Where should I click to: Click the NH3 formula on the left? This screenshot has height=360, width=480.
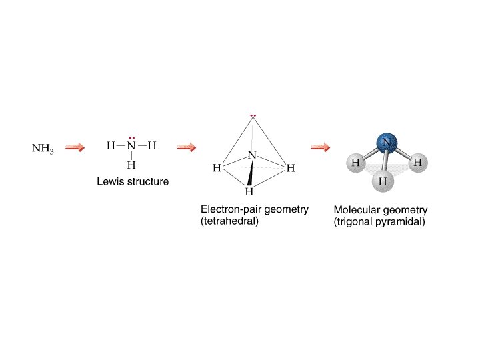point(42,148)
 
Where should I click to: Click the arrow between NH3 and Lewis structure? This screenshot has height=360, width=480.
point(75,147)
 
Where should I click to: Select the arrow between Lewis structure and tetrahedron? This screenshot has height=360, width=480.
point(186,147)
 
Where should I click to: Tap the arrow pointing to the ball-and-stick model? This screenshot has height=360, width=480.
point(321,147)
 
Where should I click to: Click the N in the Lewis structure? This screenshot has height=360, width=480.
point(131,146)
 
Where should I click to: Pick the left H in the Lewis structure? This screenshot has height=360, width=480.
point(111,146)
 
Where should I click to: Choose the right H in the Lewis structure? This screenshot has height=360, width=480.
point(152,146)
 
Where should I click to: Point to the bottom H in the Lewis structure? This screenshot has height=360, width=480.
point(131,165)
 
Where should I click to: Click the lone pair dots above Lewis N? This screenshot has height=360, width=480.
point(131,137)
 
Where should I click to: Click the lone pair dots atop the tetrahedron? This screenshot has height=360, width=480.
point(253,116)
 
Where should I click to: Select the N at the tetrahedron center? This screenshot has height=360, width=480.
point(252,155)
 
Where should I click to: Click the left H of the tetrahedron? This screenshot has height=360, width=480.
point(217,169)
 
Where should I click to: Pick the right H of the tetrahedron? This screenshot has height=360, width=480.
point(290,169)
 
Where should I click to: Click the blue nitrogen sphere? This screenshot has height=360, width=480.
point(387,142)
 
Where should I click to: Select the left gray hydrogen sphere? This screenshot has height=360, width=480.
point(355,163)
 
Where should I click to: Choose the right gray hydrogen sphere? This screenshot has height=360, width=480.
point(417,162)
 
